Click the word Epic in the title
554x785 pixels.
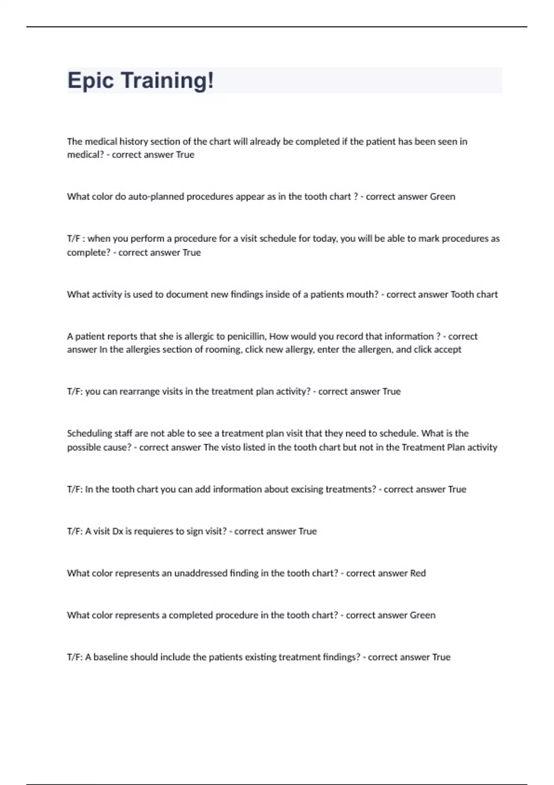coord(90,80)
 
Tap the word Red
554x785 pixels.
coord(418,573)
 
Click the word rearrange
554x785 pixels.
coord(139,392)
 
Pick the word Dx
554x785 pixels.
coord(118,531)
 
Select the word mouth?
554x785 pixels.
coord(361,294)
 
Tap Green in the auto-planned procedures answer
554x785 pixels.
coord(442,197)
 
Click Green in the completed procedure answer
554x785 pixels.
coord(422,615)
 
